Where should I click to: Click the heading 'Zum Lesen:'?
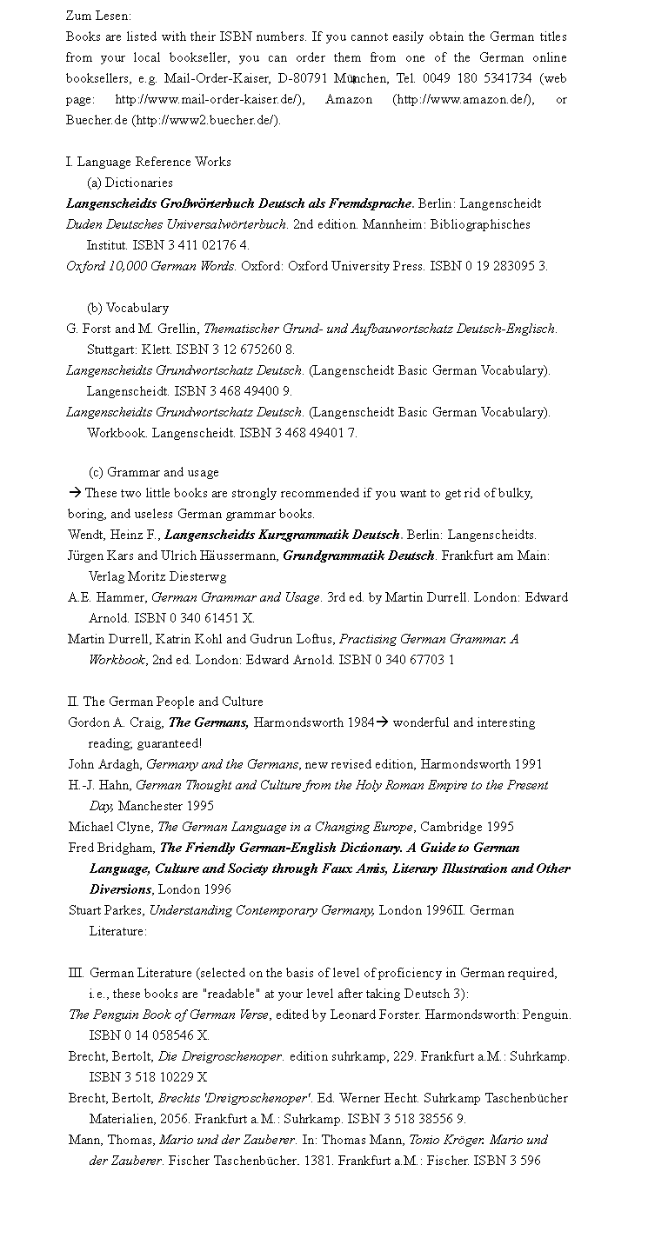[x=98, y=16]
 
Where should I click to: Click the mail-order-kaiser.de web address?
[x=209, y=99]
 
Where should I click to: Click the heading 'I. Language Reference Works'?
[x=149, y=162]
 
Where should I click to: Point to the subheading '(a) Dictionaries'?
[x=130, y=183]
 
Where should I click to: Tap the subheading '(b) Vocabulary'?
[x=128, y=308]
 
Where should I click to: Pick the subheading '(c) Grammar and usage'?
[x=154, y=472]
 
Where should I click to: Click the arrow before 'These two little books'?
[x=75, y=493]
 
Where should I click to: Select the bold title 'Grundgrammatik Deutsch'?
[x=358, y=556]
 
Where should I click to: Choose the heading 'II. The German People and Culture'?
[x=165, y=702]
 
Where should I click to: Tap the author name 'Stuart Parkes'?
[x=105, y=910]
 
